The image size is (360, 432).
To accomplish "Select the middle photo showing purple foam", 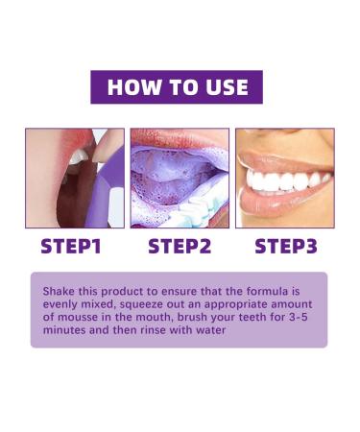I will tap(180, 178).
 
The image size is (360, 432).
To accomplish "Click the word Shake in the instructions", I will tap(60, 289).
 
